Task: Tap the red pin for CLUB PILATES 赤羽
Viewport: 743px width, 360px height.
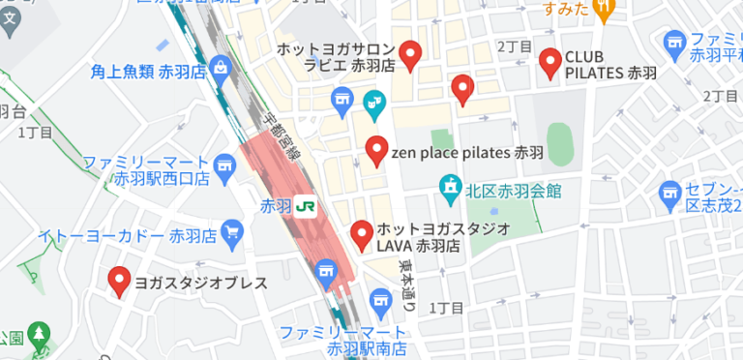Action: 550,63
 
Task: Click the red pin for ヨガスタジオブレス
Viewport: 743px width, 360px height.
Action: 120,281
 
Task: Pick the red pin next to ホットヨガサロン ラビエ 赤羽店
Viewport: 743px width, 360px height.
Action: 411,55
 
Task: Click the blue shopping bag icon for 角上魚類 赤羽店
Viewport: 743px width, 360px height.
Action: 221,69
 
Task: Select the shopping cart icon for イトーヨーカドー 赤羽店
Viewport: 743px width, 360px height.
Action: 231,231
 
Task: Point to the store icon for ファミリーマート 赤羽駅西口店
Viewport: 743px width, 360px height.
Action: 226,166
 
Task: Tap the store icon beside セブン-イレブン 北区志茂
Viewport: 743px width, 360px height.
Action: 669,195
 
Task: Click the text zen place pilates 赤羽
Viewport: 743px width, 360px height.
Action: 467,153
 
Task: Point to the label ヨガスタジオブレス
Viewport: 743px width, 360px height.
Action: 200,284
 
